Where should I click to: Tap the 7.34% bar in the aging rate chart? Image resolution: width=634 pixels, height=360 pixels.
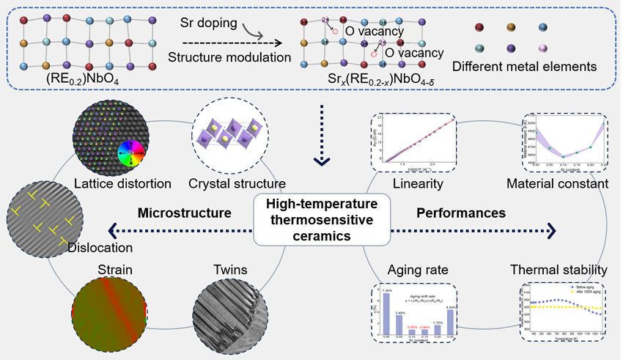click(x=386, y=313)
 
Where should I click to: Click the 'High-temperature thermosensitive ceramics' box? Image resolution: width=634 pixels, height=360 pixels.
click(x=317, y=216)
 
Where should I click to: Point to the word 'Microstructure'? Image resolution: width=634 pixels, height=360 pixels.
click(x=185, y=213)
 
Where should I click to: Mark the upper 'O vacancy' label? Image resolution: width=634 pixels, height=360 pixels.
click(x=373, y=31)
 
